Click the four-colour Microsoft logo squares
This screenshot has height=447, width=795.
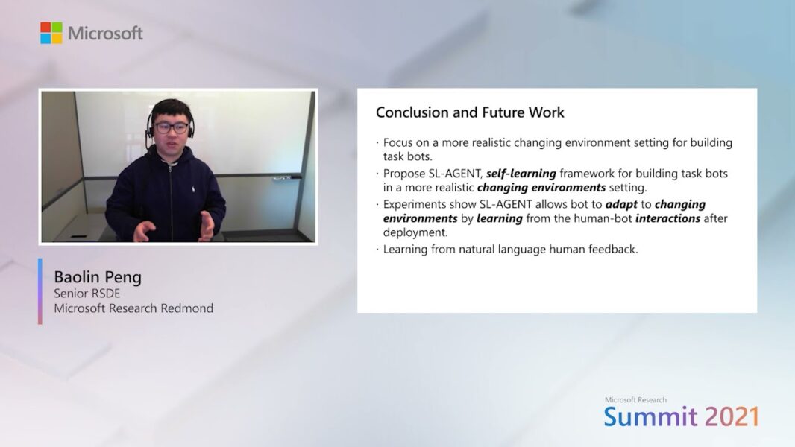point(51,33)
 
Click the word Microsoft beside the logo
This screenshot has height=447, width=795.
point(105,34)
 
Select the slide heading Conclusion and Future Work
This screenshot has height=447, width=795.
point(470,112)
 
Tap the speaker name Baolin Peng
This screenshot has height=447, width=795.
point(97,277)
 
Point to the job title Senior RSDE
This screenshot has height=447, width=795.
point(87,294)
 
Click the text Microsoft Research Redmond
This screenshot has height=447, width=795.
point(133,308)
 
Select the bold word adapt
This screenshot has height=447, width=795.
point(621,204)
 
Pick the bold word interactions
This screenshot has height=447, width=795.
point(667,218)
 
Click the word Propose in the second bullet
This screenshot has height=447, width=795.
point(403,174)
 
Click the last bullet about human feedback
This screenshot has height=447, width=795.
point(510,250)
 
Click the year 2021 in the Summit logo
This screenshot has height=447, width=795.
point(732,416)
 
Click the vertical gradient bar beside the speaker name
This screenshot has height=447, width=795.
point(40,291)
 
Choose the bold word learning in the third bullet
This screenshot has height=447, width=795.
point(499,218)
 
